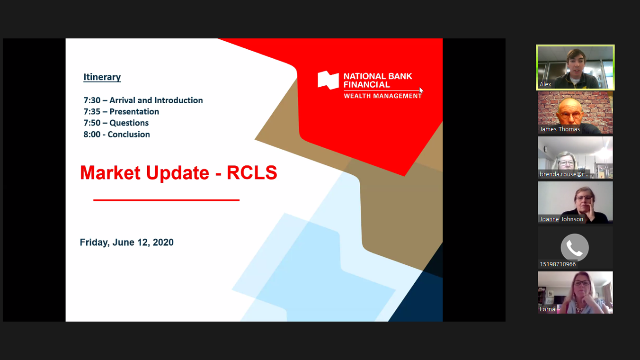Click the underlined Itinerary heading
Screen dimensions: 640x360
coord(102,77)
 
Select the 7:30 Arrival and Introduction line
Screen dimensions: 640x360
coord(143,100)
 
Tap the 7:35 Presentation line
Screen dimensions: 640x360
coord(121,111)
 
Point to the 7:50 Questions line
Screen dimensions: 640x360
coord(116,123)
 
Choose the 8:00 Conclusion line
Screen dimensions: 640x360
coord(116,135)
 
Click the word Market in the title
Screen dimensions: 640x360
coord(110,173)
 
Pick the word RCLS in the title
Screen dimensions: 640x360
coord(252,173)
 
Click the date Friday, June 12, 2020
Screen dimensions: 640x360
coord(126,243)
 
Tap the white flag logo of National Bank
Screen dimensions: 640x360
coord(328,80)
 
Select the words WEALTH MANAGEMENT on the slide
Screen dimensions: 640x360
coord(382,96)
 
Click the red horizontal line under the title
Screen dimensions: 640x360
coord(166,200)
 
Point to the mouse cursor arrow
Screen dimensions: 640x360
coord(421,90)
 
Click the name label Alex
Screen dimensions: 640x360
coord(545,84)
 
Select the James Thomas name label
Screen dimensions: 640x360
coord(560,129)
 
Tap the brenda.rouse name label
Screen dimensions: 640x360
coord(564,174)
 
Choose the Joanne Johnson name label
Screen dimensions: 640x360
coord(561,219)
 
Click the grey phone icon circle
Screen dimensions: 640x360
coord(575,248)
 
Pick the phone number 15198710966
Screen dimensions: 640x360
coord(558,264)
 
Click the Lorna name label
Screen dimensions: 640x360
coord(547,309)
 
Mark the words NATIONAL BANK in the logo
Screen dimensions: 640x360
coord(378,76)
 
